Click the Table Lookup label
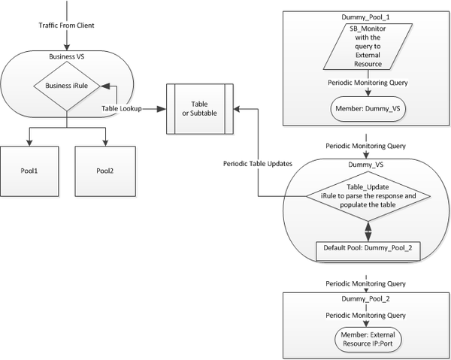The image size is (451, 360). coord(123,108)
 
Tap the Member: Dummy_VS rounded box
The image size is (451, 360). coord(366,107)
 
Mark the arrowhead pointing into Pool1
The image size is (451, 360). coord(30,144)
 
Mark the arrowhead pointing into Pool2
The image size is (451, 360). coord(105,144)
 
